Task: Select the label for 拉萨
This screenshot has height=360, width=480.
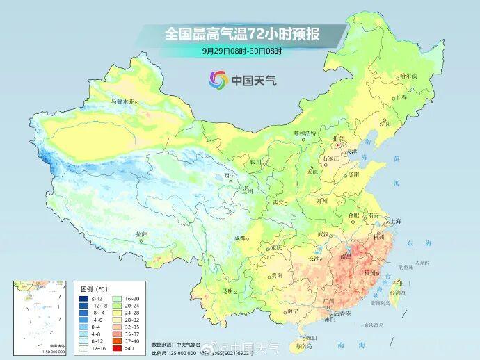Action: (x=141, y=234)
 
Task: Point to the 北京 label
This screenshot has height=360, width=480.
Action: (x=337, y=138)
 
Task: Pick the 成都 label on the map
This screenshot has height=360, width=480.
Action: (x=241, y=238)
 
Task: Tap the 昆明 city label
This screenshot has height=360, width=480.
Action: (x=227, y=291)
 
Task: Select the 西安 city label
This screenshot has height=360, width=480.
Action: (x=279, y=202)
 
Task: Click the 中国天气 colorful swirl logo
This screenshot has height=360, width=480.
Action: (x=218, y=80)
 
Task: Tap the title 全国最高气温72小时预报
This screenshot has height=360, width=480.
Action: (x=241, y=33)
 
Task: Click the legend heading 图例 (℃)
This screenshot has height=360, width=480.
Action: (x=93, y=287)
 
